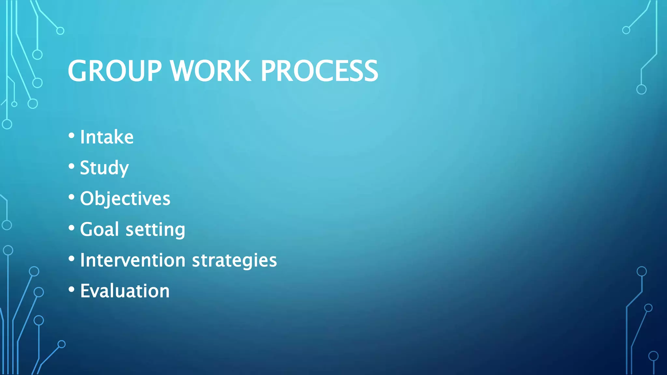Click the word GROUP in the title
[x=115, y=71]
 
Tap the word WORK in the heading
[x=211, y=71]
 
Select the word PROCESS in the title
[x=319, y=71]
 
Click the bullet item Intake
[x=107, y=137]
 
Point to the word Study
[x=104, y=168]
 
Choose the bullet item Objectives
[x=125, y=199]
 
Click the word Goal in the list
[x=99, y=229]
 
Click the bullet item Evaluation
[x=125, y=291]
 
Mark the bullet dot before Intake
[x=72, y=136]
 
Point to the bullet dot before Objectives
[x=72, y=197]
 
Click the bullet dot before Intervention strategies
[x=72, y=259]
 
